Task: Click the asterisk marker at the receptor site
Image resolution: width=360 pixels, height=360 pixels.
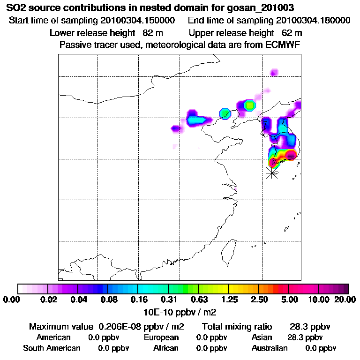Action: coord(271,172)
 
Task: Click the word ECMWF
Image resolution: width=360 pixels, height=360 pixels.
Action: coord(282,45)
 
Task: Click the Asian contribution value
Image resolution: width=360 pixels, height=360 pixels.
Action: coord(305,337)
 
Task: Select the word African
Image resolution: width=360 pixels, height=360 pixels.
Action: coord(166,348)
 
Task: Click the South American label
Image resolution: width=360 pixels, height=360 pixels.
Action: coord(52,348)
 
